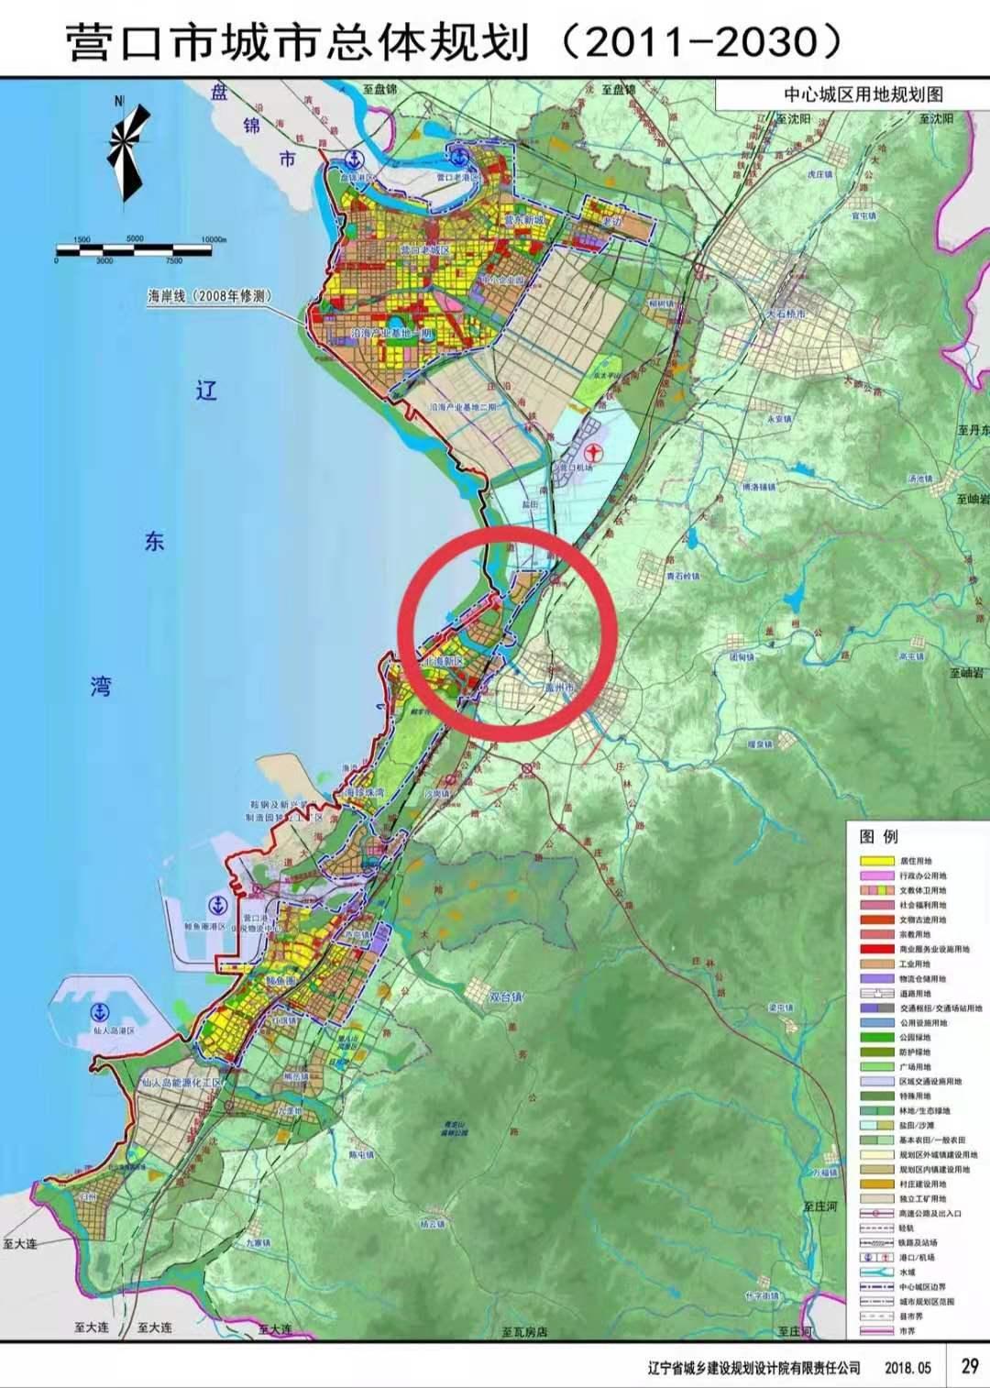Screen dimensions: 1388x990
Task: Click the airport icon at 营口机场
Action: (594, 452)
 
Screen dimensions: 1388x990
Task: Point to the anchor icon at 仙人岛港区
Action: (99, 1012)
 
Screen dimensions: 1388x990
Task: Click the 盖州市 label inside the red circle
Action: (558, 686)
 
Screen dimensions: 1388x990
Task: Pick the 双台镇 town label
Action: (505, 997)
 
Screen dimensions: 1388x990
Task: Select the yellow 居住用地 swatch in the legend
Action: (876, 861)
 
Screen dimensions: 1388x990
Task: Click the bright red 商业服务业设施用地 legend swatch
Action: (876, 949)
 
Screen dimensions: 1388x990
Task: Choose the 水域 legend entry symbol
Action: (876, 1272)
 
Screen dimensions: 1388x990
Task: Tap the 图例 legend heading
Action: (879, 836)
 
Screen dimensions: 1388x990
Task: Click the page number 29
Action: (969, 1366)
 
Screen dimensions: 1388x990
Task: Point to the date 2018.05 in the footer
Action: (907, 1367)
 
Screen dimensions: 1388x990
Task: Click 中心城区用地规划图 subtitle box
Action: (862, 94)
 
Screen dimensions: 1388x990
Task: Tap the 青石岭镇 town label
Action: (682, 577)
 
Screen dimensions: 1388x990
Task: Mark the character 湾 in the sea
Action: (101, 686)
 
